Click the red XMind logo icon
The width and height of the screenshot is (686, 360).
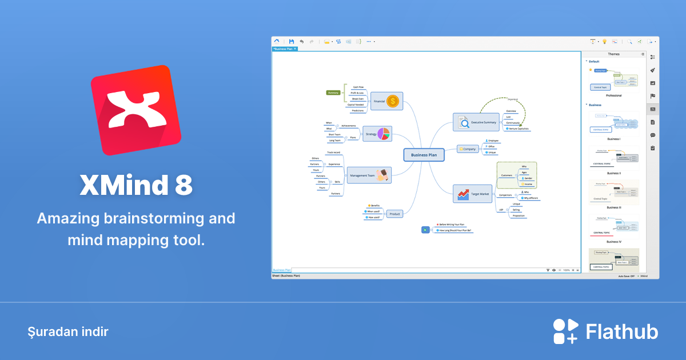[136, 110]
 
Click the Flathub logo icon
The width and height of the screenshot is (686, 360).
[567, 331]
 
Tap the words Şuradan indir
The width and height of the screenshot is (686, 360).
[67, 331]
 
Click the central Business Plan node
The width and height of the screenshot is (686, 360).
[424, 155]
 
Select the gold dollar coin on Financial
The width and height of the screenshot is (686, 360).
[392, 102]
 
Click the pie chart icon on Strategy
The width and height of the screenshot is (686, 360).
[383, 134]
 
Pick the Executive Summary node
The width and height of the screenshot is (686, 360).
[476, 122]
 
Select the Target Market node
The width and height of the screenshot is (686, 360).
[473, 194]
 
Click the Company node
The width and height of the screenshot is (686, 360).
[468, 149]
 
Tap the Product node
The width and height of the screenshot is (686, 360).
[394, 214]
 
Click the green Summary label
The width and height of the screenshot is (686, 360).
[333, 93]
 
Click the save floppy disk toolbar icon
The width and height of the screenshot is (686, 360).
[292, 42]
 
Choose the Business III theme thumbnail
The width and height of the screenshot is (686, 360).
[613, 193]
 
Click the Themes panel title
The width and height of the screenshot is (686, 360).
[613, 54]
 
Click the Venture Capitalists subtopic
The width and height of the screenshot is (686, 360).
[517, 129]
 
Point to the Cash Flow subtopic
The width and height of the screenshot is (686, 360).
[358, 87]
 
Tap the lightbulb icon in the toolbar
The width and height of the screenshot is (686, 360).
[604, 42]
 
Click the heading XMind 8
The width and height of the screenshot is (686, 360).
[136, 185]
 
